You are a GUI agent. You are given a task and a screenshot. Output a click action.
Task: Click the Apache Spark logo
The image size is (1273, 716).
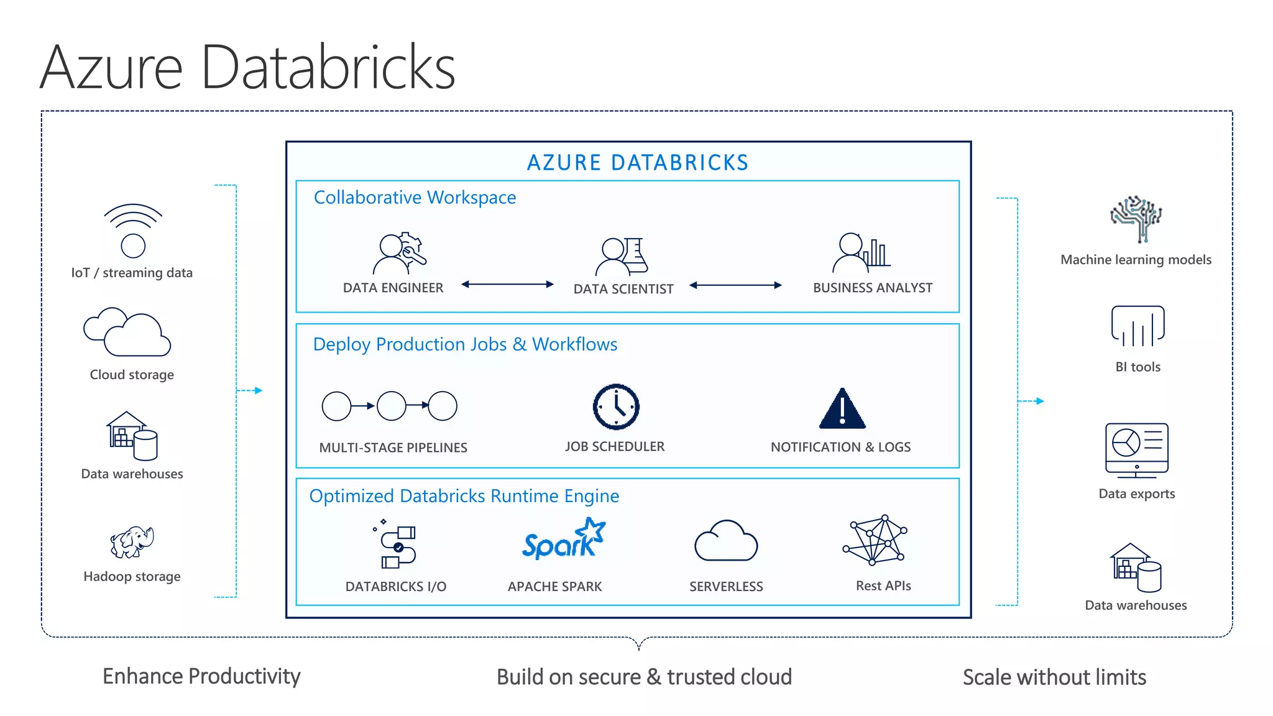563,540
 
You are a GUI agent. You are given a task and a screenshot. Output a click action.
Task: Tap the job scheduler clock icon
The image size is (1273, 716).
615,407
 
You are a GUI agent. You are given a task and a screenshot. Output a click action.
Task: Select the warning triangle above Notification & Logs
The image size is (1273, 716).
842,410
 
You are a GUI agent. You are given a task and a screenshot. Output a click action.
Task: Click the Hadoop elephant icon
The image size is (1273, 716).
132,542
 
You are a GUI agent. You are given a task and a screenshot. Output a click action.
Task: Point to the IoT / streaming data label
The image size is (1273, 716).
132,273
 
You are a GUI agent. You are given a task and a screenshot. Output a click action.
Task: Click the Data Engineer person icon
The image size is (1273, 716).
398,254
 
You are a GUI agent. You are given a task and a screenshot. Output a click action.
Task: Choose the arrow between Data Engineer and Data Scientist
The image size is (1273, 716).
507,285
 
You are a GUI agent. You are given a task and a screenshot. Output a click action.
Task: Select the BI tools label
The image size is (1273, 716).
1137,367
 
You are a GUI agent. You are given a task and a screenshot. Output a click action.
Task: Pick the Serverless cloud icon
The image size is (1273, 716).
725,541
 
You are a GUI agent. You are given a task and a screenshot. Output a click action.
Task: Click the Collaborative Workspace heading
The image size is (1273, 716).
415,198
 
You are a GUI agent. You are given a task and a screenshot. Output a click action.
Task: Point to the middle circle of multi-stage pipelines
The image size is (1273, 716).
391,406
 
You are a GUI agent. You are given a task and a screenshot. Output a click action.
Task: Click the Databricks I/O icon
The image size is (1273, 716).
397,546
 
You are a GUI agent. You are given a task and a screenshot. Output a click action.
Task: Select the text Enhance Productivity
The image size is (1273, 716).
201,676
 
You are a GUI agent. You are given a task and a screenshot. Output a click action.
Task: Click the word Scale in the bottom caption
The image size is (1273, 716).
986,677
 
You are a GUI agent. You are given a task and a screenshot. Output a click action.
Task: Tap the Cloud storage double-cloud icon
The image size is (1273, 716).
127,332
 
